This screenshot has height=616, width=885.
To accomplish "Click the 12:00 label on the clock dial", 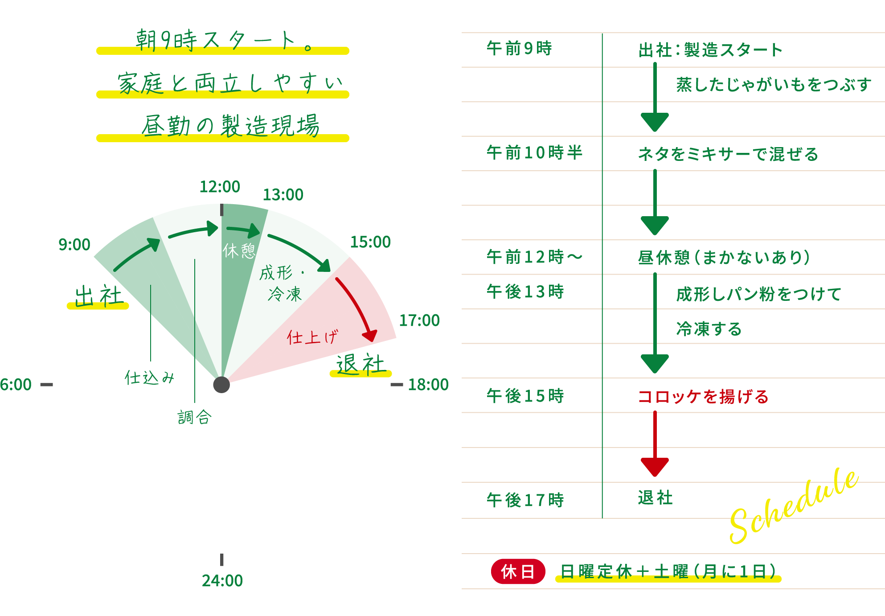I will [x=219, y=187].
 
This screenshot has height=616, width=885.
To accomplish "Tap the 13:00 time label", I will [x=283, y=195].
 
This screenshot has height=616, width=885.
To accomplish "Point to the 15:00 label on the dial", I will [x=370, y=242].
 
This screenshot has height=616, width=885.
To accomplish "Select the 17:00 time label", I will [x=419, y=320].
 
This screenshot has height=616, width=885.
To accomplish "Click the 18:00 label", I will [x=428, y=385].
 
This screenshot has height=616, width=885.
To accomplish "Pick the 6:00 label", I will [x=16, y=385].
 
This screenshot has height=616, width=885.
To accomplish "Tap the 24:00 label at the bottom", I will [x=222, y=581].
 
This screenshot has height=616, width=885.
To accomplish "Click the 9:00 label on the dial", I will [x=74, y=245].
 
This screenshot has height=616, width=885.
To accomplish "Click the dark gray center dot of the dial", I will [x=221, y=385].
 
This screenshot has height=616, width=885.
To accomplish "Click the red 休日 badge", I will [x=518, y=571].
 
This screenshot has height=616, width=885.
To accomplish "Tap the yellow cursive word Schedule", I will [x=793, y=506].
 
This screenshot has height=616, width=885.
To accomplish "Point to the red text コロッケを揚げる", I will [x=703, y=396].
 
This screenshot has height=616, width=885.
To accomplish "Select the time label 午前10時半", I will [x=534, y=153].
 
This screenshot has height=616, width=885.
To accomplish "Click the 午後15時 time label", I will [x=525, y=396].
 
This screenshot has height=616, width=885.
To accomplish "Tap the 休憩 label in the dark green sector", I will [x=239, y=251].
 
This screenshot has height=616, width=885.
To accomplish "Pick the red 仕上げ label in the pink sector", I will [x=312, y=337].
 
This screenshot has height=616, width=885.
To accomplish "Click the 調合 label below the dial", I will [x=194, y=417].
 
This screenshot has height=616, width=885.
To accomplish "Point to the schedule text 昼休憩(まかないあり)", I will [x=724, y=258].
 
